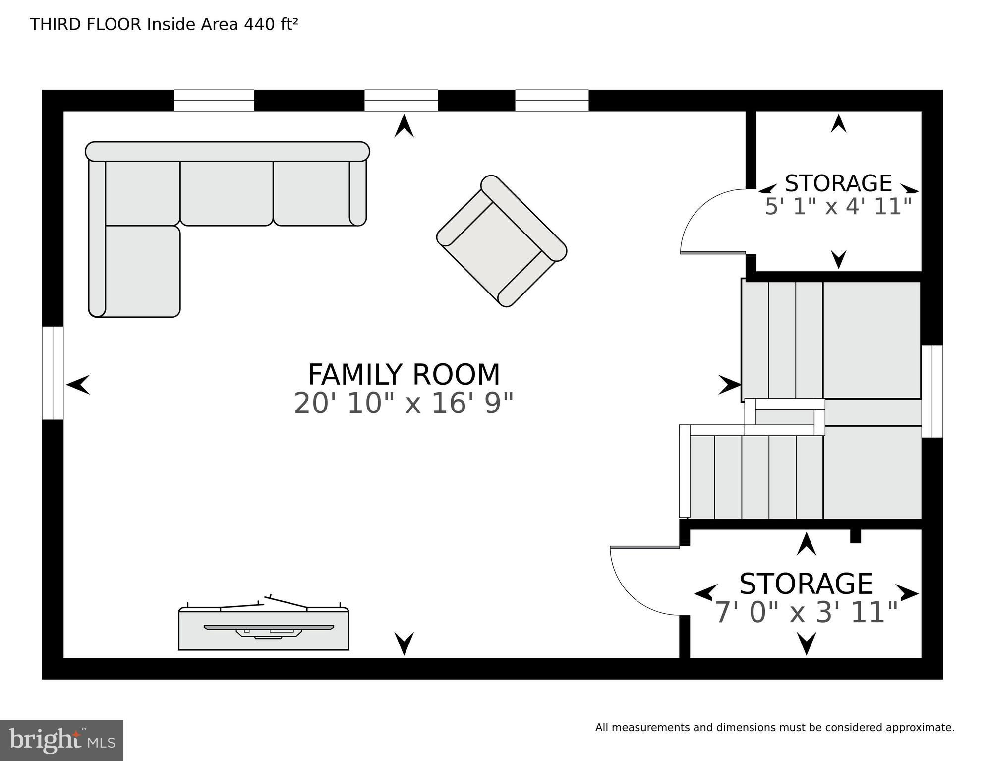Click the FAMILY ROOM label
(x=404, y=374)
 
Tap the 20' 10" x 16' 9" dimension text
(x=404, y=403)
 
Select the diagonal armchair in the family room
(x=502, y=241)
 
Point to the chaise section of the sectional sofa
(x=142, y=271)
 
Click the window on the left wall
(x=53, y=373)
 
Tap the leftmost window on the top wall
(x=214, y=100)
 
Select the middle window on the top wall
(x=401, y=100)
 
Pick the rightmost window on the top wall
(x=552, y=100)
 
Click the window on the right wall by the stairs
(x=932, y=391)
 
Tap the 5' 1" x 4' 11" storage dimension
(x=838, y=206)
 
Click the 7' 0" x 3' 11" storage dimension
(x=807, y=612)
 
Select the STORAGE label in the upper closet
(x=838, y=183)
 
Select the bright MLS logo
(x=62, y=741)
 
